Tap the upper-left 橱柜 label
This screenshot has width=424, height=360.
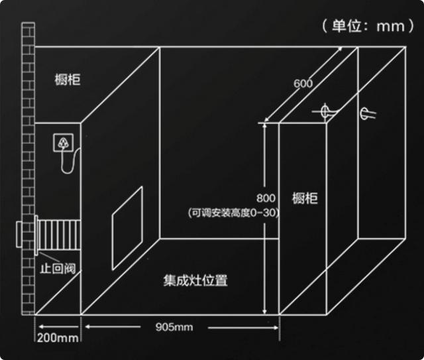(x=68, y=80)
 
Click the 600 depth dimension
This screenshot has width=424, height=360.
(x=303, y=84)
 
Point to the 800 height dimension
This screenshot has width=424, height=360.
(x=264, y=198)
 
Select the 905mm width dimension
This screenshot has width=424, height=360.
(x=174, y=327)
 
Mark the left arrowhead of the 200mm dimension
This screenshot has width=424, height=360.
(x=39, y=327)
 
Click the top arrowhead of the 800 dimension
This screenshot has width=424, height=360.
(x=265, y=123)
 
